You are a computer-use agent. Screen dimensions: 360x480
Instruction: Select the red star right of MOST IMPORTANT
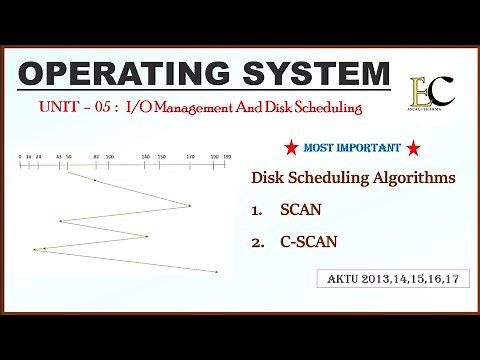[x=413, y=149]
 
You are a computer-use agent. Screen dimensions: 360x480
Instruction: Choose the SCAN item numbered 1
[x=298, y=210]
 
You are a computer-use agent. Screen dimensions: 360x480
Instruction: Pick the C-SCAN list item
[x=307, y=241]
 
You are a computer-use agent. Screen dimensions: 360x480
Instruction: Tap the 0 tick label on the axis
[x=20, y=157]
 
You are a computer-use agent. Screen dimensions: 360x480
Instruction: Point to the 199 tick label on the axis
[x=227, y=157]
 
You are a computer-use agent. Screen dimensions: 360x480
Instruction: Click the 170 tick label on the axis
[x=190, y=157]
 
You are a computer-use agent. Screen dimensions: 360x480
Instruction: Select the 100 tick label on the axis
[x=110, y=157]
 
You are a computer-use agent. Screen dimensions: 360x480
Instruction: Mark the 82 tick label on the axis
[x=95, y=157]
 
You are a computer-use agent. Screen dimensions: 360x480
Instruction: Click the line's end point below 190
[x=216, y=272]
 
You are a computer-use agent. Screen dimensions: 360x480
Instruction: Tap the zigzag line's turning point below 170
[x=190, y=206]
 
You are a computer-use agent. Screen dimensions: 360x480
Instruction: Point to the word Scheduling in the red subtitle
[x=323, y=106]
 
